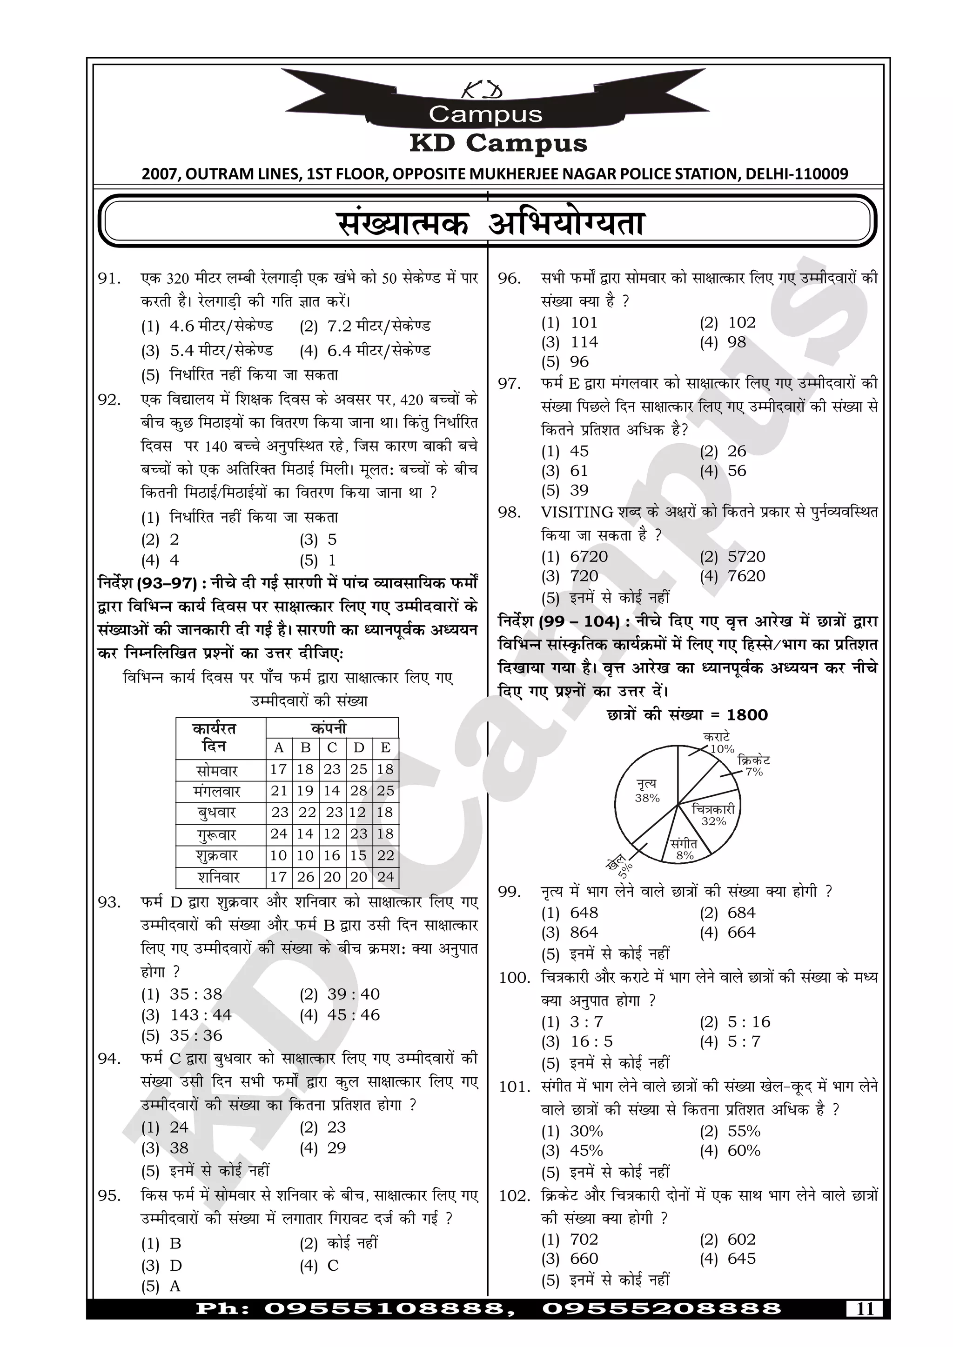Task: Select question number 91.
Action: pos(110,279)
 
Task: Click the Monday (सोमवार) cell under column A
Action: pos(278,769)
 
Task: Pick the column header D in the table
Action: pos(359,747)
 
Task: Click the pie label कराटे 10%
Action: pos(718,743)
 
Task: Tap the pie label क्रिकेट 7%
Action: pos(753,766)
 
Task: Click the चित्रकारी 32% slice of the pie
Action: pos(713,815)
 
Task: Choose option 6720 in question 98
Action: pos(589,556)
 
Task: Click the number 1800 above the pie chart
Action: pos(747,714)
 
